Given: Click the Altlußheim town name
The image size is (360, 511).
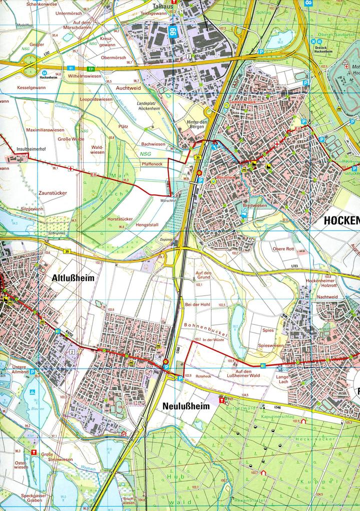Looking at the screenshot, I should (x=73, y=278).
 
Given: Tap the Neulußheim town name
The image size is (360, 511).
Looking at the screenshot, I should (x=186, y=406).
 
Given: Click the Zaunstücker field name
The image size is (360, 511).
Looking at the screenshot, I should (x=52, y=192).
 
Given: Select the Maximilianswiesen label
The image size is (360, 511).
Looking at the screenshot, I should (x=45, y=130).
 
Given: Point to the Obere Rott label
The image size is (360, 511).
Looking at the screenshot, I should (x=283, y=249).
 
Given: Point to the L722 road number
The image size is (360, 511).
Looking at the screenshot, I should (x=47, y=53).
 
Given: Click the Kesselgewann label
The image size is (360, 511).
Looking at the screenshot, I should (x=31, y=87).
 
